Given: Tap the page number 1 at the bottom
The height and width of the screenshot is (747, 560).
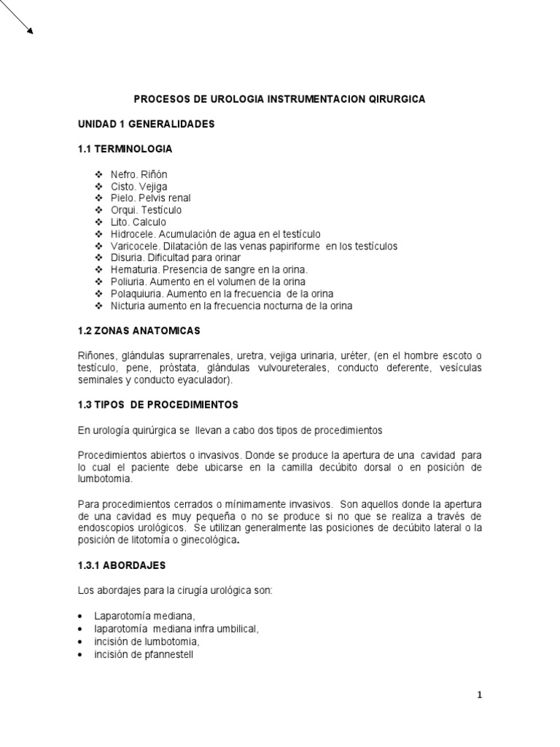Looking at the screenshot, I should (x=480, y=694).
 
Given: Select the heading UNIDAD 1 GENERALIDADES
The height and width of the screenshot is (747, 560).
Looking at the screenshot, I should (x=146, y=124).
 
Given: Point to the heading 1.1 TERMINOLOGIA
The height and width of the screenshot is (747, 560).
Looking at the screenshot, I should (x=125, y=149).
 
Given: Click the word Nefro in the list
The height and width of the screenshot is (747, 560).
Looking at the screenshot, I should (x=123, y=175).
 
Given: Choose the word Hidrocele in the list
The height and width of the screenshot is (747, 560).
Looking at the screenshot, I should (x=132, y=234).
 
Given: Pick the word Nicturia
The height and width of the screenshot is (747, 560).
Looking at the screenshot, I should (x=128, y=306).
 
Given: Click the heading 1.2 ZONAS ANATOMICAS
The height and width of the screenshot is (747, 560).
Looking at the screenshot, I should (x=139, y=331).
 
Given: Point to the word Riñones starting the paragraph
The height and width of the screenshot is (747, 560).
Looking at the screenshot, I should (x=97, y=355).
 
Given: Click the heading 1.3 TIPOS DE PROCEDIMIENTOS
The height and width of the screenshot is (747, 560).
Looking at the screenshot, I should (x=157, y=403).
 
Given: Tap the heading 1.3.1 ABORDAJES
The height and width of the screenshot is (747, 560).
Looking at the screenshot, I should (x=122, y=565).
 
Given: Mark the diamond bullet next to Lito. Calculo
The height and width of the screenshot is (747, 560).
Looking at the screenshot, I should (x=98, y=222).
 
